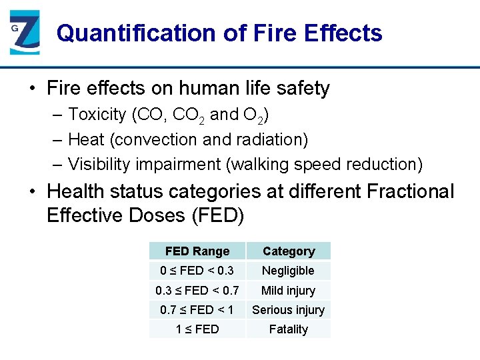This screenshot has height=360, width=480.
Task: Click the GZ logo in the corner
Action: [25, 33]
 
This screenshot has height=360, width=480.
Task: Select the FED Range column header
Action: [197, 251]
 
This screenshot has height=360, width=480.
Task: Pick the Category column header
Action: [289, 251]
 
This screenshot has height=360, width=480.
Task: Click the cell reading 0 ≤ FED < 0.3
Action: [197, 271]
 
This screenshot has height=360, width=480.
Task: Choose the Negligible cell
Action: [289, 271]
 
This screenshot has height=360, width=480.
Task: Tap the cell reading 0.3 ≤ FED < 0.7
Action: [197, 291]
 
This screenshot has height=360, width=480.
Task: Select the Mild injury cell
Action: [289, 291]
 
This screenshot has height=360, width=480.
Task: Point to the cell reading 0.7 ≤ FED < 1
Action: [197, 310]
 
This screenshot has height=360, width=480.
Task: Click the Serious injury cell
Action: [289, 310]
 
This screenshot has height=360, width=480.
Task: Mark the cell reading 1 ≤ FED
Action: [197, 329]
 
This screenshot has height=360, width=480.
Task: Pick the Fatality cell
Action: [289, 329]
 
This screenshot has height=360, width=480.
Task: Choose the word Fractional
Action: [409, 192]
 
